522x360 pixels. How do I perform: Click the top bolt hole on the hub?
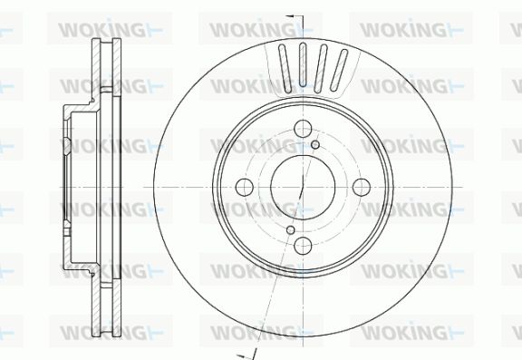pyautogui.click(x=303, y=129)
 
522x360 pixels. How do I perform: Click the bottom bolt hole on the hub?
pyautogui.click(x=303, y=246)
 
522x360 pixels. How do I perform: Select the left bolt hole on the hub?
pyautogui.click(x=245, y=187)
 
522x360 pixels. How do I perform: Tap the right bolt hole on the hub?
pyautogui.click(x=362, y=187)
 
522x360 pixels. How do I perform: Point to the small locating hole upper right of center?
pyautogui.click(x=315, y=144)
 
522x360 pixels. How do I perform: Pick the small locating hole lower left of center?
pyautogui.click(x=291, y=229)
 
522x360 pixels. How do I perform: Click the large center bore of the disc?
pyautogui.click(x=303, y=187)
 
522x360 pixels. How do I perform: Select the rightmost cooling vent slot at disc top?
pyautogui.click(x=339, y=70)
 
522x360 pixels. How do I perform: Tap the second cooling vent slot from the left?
pyautogui.click(x=303, y=64)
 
